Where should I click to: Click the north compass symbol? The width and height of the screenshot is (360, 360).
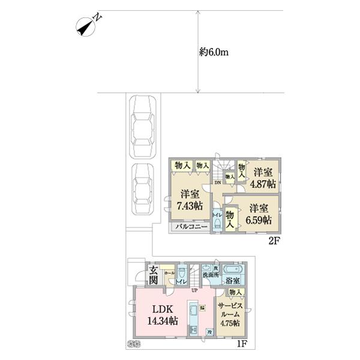click(87, 27)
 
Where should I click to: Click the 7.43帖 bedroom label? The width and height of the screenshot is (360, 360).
click(190, 201)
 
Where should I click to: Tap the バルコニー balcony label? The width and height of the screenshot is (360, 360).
click(192, 227)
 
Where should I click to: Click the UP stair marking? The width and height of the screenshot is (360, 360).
click(194, 291)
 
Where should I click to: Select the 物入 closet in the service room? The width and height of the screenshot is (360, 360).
click(235, 292)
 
